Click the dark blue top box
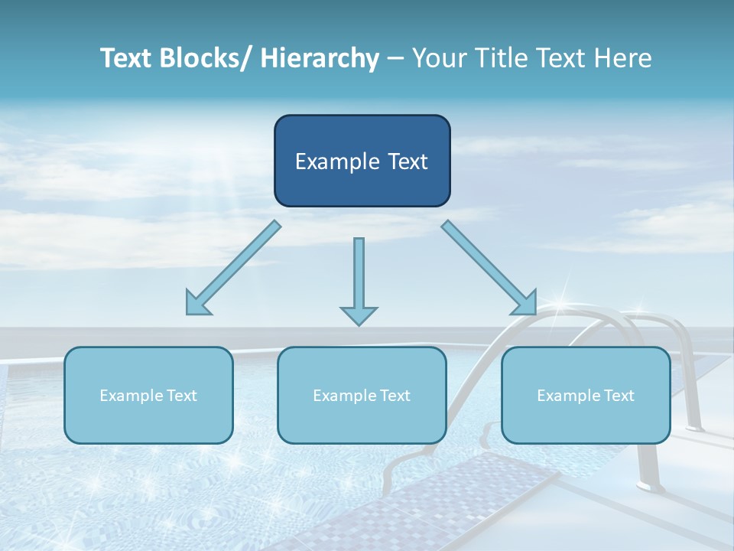[x=362, y=161]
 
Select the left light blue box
[x=148, y=395]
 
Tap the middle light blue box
[x=362, y=395]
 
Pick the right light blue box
[x=586, y=395]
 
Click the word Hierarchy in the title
[x=319, y=58]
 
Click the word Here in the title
[x=622, y=58]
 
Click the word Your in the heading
[x=438, y=58]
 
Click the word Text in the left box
[x=182, y=396]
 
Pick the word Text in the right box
[x=619, y=396]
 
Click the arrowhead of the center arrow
[x=359, y=315]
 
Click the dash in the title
[x=395, y=58]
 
